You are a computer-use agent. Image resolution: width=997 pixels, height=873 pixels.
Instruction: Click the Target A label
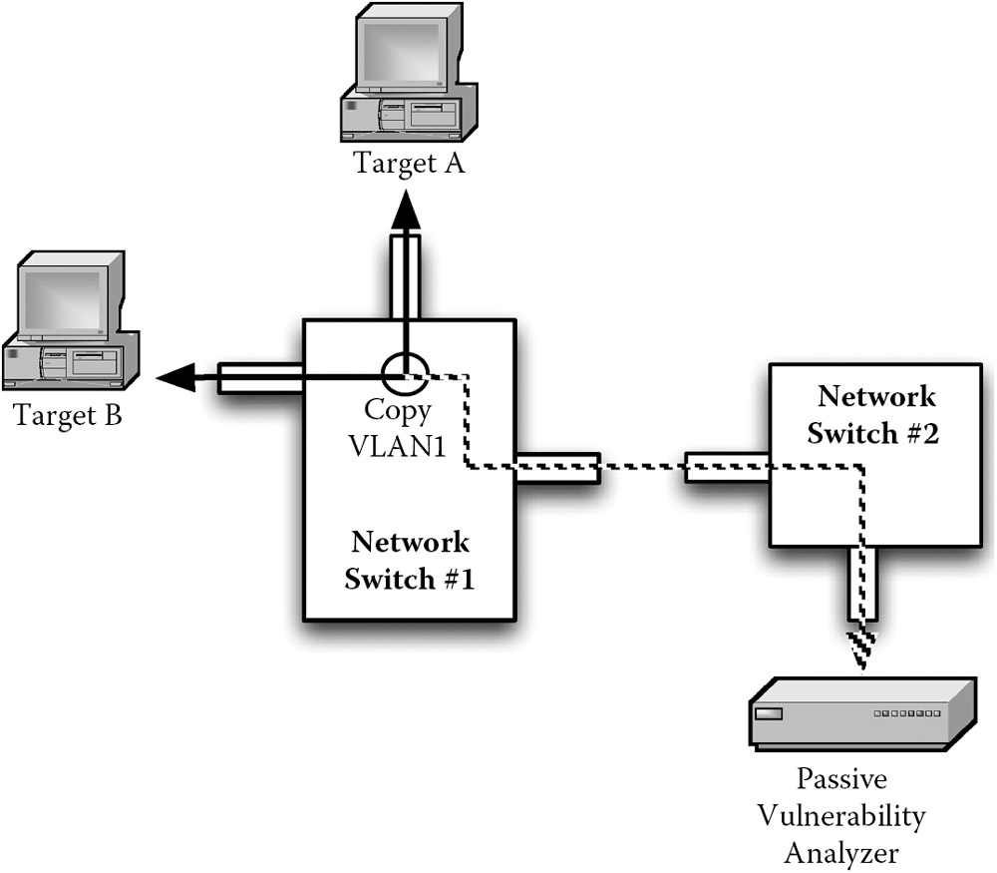(x=409, y=163)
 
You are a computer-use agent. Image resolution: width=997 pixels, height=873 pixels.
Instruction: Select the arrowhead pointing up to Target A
(x=405, y=213)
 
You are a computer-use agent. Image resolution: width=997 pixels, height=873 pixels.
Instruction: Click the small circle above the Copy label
(x=405, y=375)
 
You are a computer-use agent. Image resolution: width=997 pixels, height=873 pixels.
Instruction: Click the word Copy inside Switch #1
(x=399, y=410)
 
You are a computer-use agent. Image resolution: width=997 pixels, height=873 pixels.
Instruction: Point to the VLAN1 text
(x=399, y=445)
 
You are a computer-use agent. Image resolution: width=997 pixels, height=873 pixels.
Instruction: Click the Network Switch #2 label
(x=876, y=415)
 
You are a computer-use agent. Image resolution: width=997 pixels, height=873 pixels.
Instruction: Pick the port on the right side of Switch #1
(x=557, y=468)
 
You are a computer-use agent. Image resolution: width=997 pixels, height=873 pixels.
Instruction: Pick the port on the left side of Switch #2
(x=726, y=468)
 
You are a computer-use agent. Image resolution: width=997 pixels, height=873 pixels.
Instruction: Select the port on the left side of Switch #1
(x=260, y=379)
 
